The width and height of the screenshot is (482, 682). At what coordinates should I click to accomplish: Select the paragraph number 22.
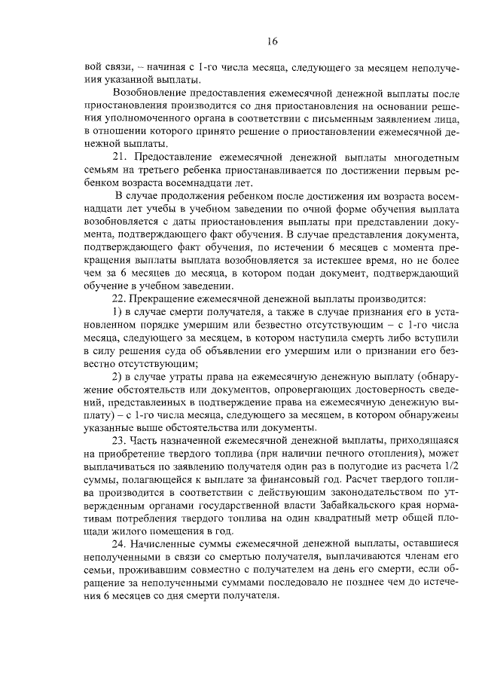tap(119, 298)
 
